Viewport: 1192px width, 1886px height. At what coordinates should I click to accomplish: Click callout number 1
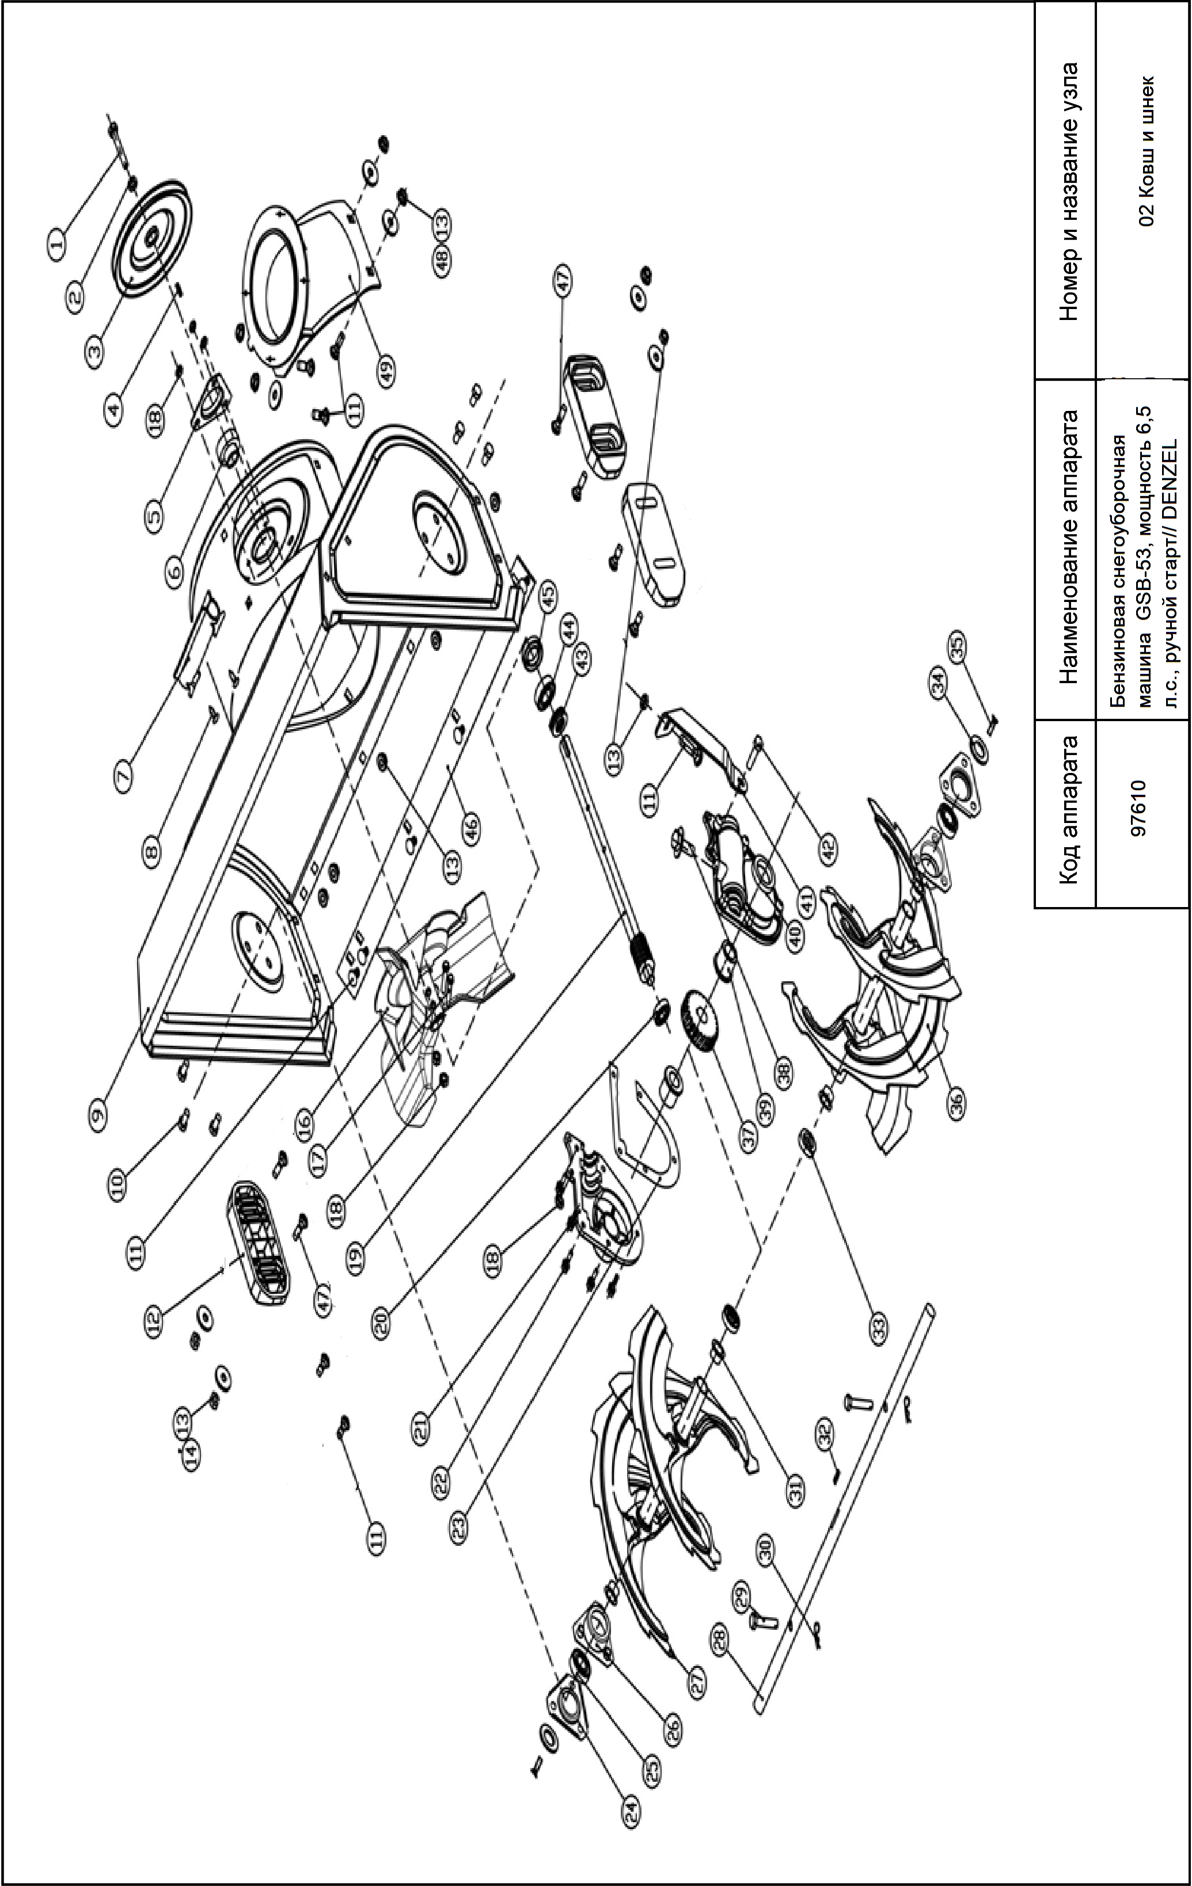(56, 245)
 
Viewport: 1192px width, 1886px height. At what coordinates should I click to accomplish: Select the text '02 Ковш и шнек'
(1148, 151)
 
